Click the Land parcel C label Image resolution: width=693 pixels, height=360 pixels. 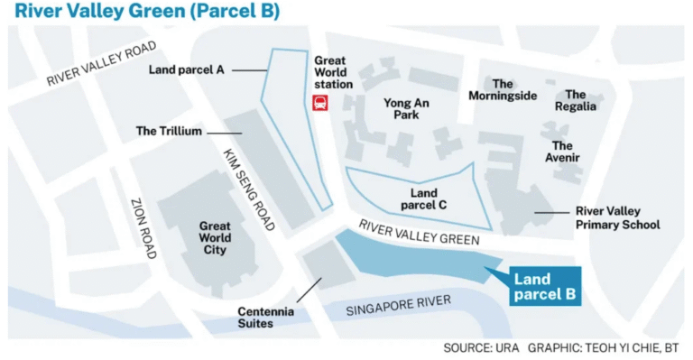[423, 198]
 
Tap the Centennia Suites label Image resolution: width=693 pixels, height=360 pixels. [263, 317]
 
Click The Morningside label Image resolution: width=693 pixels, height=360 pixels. [503, 90]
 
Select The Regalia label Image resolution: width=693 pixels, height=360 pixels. [576, 100]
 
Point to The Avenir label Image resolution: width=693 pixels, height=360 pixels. [562, 152]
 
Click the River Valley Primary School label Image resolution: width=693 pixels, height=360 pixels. [618, 217]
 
